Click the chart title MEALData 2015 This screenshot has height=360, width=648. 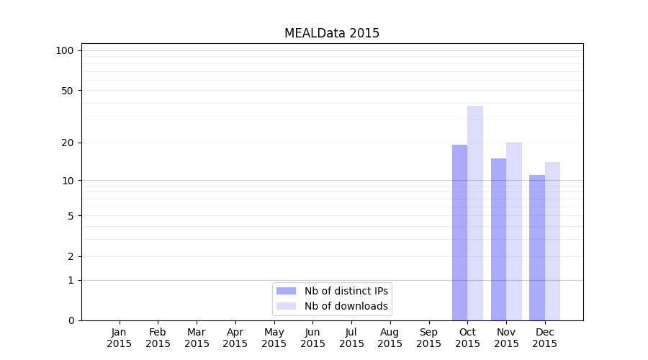coord(331,33)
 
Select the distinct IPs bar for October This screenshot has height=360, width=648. coord(459,232)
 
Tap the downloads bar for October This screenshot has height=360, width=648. coord(475,213)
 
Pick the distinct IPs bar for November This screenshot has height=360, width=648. coord(498,239)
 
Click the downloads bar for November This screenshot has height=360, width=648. coord(514,231)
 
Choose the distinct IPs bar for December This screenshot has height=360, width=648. coord(537,247)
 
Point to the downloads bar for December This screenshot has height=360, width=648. coord(552,241)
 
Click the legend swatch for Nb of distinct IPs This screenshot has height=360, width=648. coord(286,291)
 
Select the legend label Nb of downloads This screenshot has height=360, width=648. coord(346,306)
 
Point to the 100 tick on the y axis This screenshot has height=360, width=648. coord(65,50)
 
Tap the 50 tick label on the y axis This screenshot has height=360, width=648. coord(68,91)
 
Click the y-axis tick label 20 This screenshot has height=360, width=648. coord(68,143)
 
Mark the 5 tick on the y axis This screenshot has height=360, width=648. coord(71,216)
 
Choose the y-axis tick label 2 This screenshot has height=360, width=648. coord(71,256)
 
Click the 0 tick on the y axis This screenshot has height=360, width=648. coord(71,320)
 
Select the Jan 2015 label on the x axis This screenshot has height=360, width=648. coord(120,338)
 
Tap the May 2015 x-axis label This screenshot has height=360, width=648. coord(274,338)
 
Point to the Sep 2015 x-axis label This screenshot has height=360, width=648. coord(428,338)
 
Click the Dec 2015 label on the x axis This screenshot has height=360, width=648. coord(545,338)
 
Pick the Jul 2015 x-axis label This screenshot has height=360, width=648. coord(351,338)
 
